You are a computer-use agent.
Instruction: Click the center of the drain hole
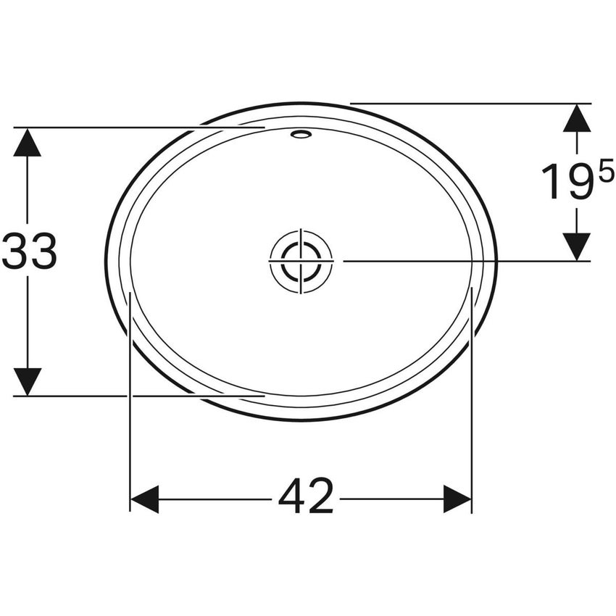(301, 261)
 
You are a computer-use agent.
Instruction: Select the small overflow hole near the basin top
(300, 134)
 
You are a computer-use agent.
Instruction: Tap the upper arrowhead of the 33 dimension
(28, 143)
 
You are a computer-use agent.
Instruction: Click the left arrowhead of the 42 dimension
(144, 499)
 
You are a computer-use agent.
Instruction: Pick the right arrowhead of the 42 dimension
(457, 499)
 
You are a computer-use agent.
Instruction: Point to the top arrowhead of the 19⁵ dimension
(577, 119)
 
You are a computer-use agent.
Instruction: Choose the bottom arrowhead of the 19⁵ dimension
(577, 246)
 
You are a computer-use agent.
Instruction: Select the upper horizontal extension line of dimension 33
(109, 128)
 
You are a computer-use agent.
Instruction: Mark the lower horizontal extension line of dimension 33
(109, 396)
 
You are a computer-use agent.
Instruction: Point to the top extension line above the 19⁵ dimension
(471, 104)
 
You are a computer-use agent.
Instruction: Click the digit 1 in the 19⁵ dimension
(553, 183)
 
